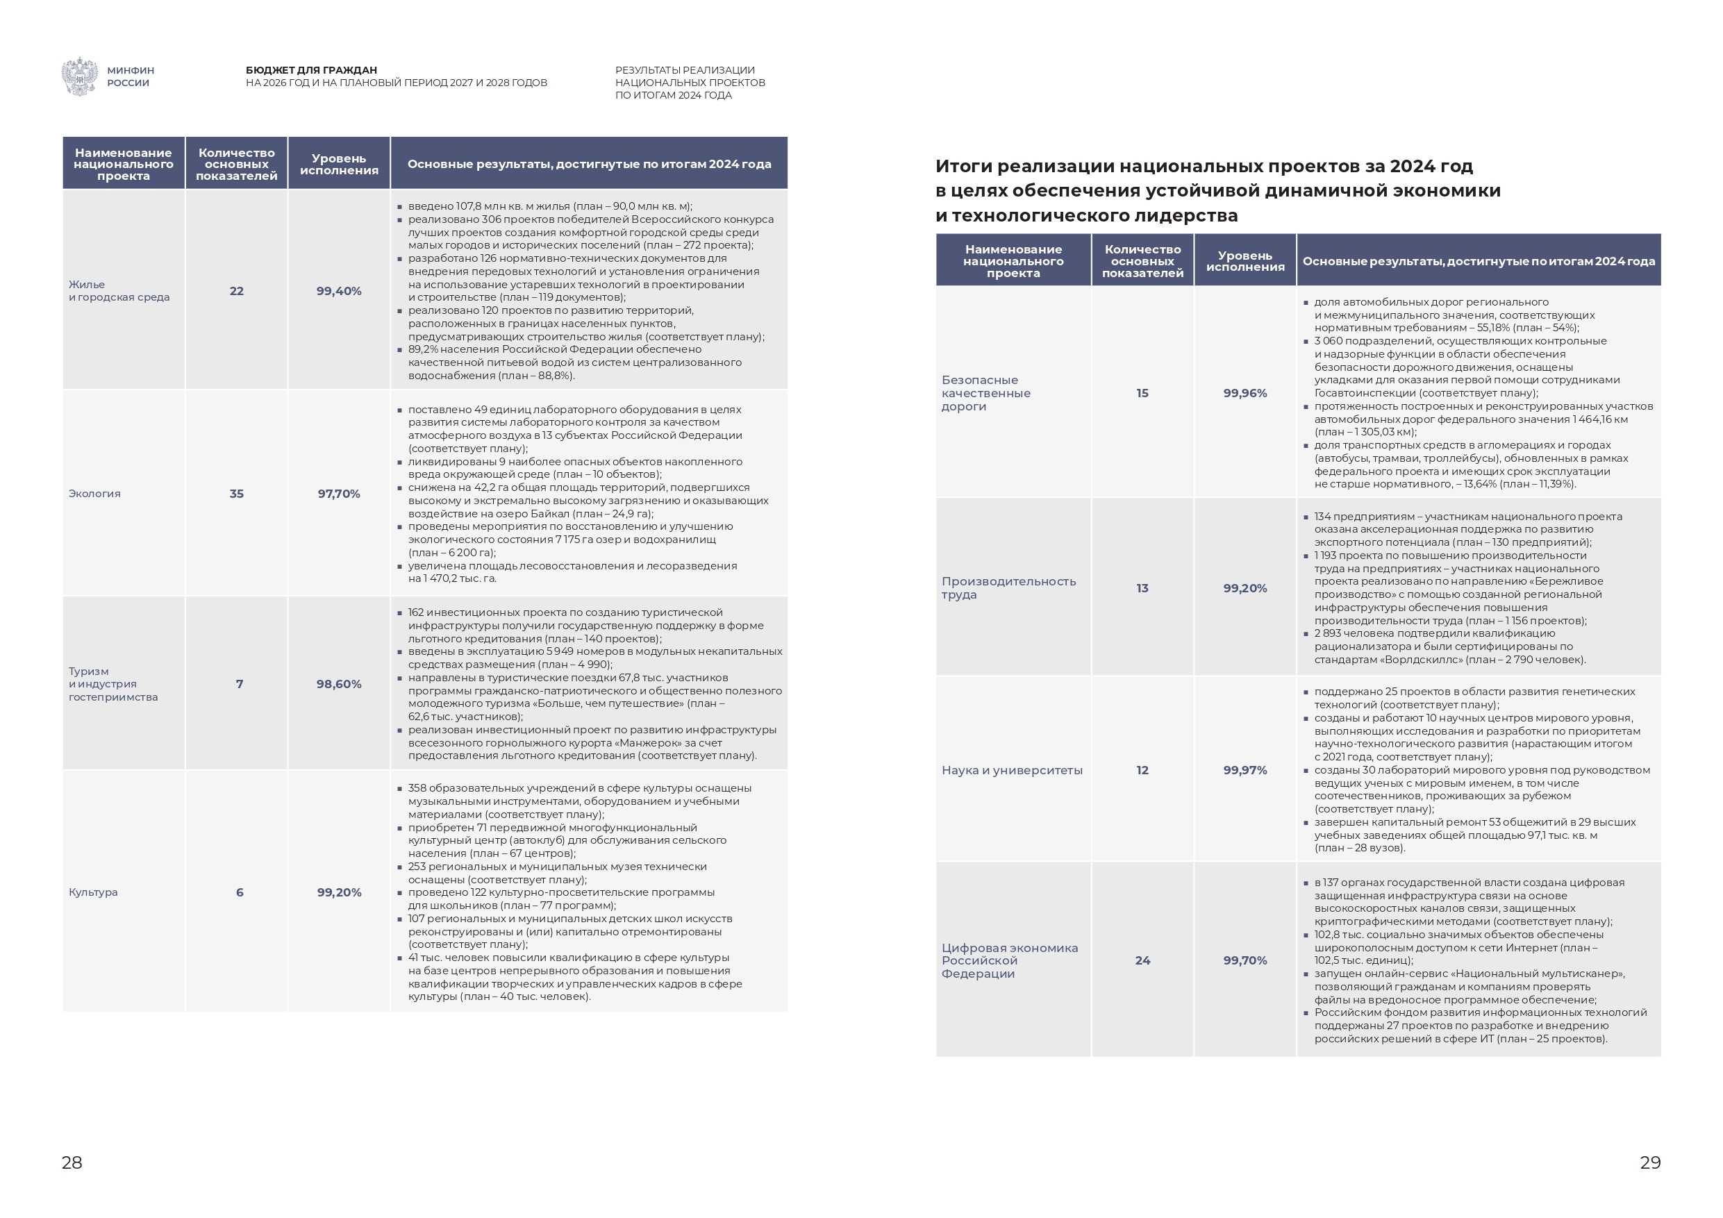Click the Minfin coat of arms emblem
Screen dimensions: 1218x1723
[78, 76]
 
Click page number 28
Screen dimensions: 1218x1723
[72, 1162]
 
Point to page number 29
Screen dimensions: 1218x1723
[1650, 1162]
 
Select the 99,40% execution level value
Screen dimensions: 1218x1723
[338, 291]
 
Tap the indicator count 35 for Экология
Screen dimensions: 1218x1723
[236, 494]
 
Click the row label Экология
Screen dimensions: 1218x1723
[94, 494]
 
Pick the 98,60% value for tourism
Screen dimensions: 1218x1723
[338, 685]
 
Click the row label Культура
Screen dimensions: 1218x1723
[93, 892]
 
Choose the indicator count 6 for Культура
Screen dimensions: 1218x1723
[240, 892]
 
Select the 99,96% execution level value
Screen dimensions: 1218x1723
[1245, 393]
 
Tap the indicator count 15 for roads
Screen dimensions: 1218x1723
[1142, 393]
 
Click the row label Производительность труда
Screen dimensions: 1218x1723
[1008, 588]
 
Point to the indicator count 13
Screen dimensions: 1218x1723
[1142, 588]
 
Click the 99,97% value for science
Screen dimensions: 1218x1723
[1245, 771]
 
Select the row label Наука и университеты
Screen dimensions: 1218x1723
[1012, 771]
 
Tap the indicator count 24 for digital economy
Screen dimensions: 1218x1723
[1142, 960]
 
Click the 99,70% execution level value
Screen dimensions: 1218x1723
[1245, 960]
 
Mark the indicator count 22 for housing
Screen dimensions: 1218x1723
[236, 291]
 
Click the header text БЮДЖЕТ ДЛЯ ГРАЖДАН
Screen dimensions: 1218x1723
[311, 71]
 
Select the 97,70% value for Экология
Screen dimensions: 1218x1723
[338, 494]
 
